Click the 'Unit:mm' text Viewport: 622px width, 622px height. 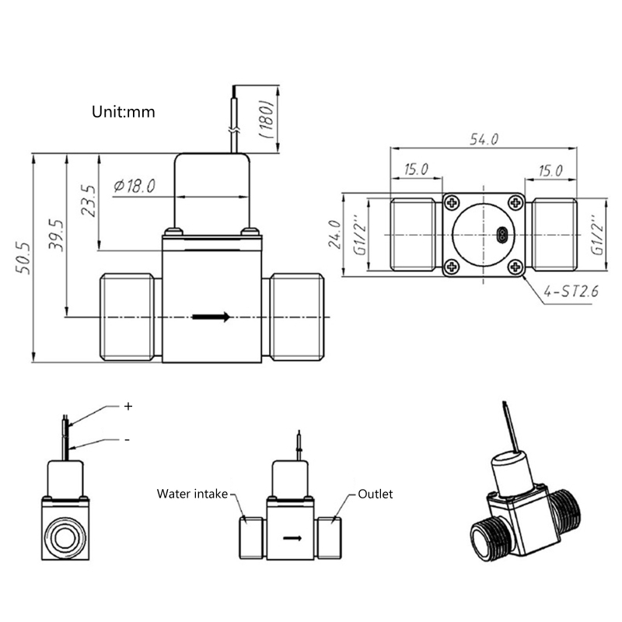(124, 112)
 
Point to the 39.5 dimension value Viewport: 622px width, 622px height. (56, 235)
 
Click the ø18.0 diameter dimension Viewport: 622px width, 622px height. (135, 186)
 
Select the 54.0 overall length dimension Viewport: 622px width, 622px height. (484, 138)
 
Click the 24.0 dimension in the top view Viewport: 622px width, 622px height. (334, 234)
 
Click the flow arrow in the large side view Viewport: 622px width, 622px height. (211, 316)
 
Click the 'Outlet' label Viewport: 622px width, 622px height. (376, 494)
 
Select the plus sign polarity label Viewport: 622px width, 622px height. (128, 406)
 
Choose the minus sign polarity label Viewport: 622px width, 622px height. (127, 439)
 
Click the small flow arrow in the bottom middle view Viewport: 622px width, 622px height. (292, 537)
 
